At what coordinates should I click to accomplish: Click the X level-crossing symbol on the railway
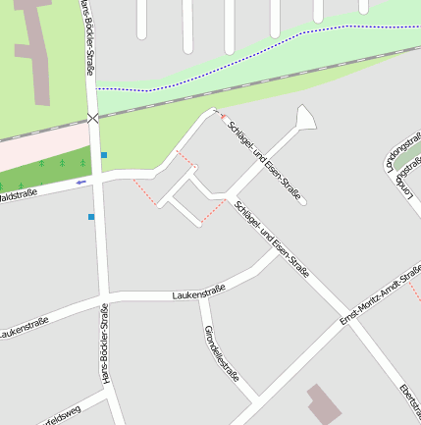(93, 118)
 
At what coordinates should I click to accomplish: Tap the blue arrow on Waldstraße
(81, 182)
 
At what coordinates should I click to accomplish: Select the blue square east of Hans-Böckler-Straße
(103, 155)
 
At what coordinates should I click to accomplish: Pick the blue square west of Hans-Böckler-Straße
(91, 217)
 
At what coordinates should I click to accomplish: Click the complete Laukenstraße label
(198, 292)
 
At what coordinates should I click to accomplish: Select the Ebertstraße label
(409, 402)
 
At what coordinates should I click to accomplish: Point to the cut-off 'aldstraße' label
(18, 194)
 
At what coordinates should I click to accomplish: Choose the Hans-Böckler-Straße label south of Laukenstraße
(105, 344)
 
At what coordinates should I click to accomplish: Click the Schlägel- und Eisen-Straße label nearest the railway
(263, 157)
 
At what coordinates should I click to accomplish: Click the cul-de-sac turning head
(305, 119)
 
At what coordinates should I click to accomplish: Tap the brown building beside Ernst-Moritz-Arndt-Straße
(322, 403)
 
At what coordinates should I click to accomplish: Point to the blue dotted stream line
(245, 59)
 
